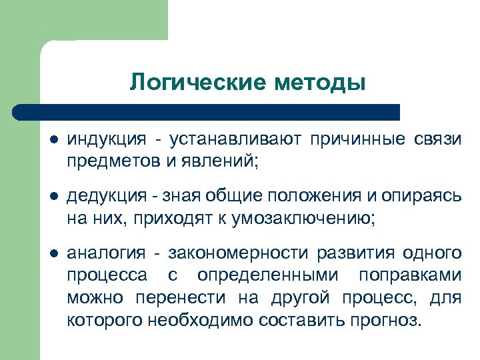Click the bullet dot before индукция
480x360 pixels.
55,139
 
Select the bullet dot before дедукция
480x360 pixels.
55,195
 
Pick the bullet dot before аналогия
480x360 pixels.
55,253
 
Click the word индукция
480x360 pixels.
106,139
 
